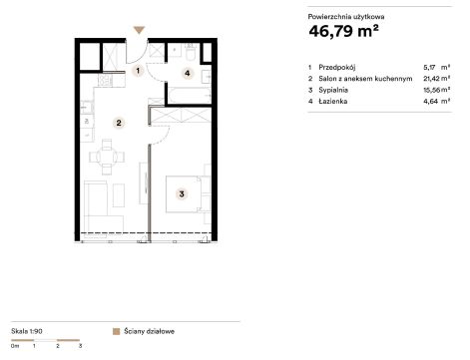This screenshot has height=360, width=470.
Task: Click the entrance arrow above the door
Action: (x=139, y=30)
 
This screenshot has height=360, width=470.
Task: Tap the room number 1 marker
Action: (x=138, y=71)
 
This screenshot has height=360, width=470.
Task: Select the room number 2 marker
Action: (x=119, y=123)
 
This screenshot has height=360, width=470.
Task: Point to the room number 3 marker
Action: (x=182, y=193)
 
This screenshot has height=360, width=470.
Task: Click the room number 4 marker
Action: (x=188, y=73)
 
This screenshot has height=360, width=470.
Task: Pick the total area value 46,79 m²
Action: (x=343, y=31)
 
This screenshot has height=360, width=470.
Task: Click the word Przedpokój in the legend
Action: (x=337, y=68)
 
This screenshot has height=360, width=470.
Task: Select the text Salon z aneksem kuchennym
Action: (x=365, y=79)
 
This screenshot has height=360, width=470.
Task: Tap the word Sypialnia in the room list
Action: (x=333, y=90)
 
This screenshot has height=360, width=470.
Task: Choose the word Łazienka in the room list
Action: (x=333, y=101)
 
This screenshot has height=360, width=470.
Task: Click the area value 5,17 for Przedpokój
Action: (x=429, y=68)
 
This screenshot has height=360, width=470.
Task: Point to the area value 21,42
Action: (x=431, y=79)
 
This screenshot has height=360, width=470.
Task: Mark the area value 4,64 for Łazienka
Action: (x=430, y=101)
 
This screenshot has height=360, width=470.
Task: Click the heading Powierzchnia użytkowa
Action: (x=346, y=17)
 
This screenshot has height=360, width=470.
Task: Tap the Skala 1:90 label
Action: (x=27, y=331)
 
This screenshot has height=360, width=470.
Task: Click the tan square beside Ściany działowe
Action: (x=116, y=331)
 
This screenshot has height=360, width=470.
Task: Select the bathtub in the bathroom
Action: (x=190, y=96)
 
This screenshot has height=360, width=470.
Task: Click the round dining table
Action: (x=107, y=157)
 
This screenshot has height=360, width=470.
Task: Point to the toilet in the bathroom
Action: (x=191, y=53)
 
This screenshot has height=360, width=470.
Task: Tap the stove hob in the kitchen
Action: (x=107, y=80)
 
